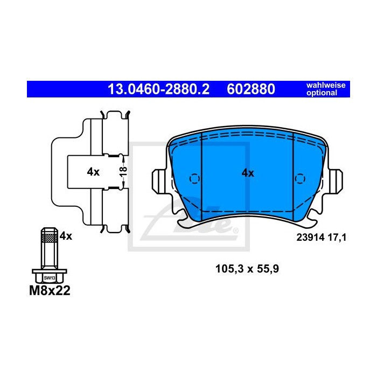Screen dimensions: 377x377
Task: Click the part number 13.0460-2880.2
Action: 158,89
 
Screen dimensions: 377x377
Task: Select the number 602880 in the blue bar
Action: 251,89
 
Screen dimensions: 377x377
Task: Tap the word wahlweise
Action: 326,85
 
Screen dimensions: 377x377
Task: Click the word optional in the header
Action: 322,93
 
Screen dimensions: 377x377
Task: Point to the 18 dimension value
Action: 123,171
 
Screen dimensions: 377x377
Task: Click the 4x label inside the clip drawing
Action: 93,172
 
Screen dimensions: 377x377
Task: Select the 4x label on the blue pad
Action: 248,173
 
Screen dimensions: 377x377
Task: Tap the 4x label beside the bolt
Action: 66,236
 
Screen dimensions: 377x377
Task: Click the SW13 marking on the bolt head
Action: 50,278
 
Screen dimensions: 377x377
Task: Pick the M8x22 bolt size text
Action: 50,290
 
